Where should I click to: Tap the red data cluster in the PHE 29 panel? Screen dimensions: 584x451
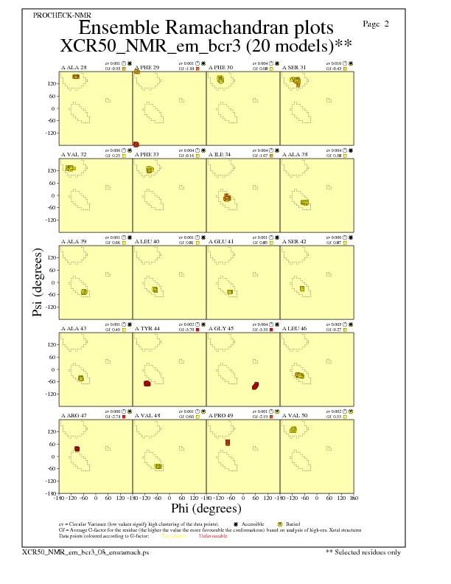[x=136, y=144]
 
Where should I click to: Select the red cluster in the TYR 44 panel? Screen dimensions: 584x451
[x=147, y=383]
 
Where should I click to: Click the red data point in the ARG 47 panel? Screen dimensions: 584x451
[x=77, y=448]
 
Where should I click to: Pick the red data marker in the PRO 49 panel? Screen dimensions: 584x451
[x=228, y=442]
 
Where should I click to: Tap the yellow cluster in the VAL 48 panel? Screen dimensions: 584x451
[x=158, y=466]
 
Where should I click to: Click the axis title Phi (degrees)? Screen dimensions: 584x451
[x=206, y=508]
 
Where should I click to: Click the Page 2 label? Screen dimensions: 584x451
[x=376, y=24]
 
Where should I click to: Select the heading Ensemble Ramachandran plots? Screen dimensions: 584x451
[x=206, y=28]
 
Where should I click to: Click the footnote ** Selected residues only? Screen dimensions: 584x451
[x=363, y=551]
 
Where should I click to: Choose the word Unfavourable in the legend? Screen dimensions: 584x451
[x=214, y=535]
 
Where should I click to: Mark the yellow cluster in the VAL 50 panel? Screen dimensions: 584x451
[x=293, y=430]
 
